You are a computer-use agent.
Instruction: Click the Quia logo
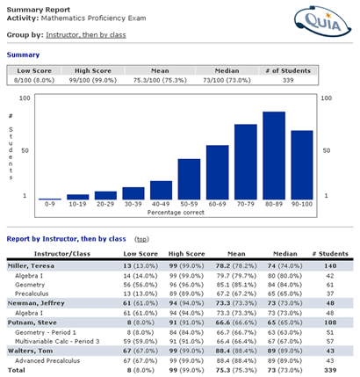[322, 20]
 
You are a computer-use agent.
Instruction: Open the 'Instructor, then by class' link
[86, 35]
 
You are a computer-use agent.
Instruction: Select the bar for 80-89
[274, 156]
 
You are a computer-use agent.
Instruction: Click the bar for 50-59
[189, 179]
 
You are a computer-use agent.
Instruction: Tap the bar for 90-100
[302, 165]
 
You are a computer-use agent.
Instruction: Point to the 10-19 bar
[78, 197]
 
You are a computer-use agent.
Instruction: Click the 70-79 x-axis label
[246, 204]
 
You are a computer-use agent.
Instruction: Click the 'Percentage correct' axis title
[176, 213]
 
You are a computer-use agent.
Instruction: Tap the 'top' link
[141, 239]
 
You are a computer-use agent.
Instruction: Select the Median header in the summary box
[227, 71]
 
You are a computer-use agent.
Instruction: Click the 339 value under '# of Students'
[288, 80]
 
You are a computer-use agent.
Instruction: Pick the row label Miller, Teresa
[31, 266]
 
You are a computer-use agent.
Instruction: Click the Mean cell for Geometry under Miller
[235, 285]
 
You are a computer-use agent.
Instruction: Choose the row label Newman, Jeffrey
[36, 303]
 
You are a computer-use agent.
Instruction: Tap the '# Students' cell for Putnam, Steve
[330, 323]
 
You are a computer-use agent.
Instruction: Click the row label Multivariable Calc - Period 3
[57, 342]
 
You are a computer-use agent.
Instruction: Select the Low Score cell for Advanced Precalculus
[140, 361]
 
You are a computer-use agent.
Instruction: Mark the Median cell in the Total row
[284, 370]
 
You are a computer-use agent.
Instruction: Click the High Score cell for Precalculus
[186, 294]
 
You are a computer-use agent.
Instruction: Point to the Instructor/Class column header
[62, 254]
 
